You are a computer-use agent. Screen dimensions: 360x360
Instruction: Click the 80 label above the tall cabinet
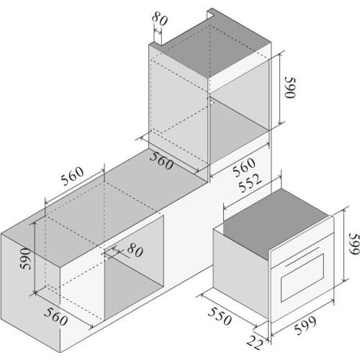[160, 19]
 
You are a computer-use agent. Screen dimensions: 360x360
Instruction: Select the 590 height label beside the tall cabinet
[289, 88]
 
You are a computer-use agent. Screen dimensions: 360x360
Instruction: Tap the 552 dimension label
[250, 183]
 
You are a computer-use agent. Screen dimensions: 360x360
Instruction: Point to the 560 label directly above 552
[244, 167]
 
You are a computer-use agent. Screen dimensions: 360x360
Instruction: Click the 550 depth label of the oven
[220, 316]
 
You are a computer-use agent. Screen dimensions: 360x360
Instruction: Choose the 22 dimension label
[255, 343]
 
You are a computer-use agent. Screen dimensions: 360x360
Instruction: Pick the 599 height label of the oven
[354, 244]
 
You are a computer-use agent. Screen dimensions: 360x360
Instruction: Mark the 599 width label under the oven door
[305, 325]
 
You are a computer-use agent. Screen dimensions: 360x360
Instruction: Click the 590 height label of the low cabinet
[25, 258]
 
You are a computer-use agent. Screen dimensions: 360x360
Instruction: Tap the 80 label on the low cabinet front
[135, 250]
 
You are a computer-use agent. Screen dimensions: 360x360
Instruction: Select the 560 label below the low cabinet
[56, 317]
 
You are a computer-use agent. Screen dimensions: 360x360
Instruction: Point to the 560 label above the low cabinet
[72, 176]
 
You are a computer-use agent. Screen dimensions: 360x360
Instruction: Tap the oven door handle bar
[302, 256]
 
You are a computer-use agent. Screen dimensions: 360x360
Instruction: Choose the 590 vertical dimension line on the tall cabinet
[280, 88]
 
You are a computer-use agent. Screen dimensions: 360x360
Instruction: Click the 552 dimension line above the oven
[252, 192]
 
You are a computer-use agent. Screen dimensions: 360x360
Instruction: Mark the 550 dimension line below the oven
[229, 310]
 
